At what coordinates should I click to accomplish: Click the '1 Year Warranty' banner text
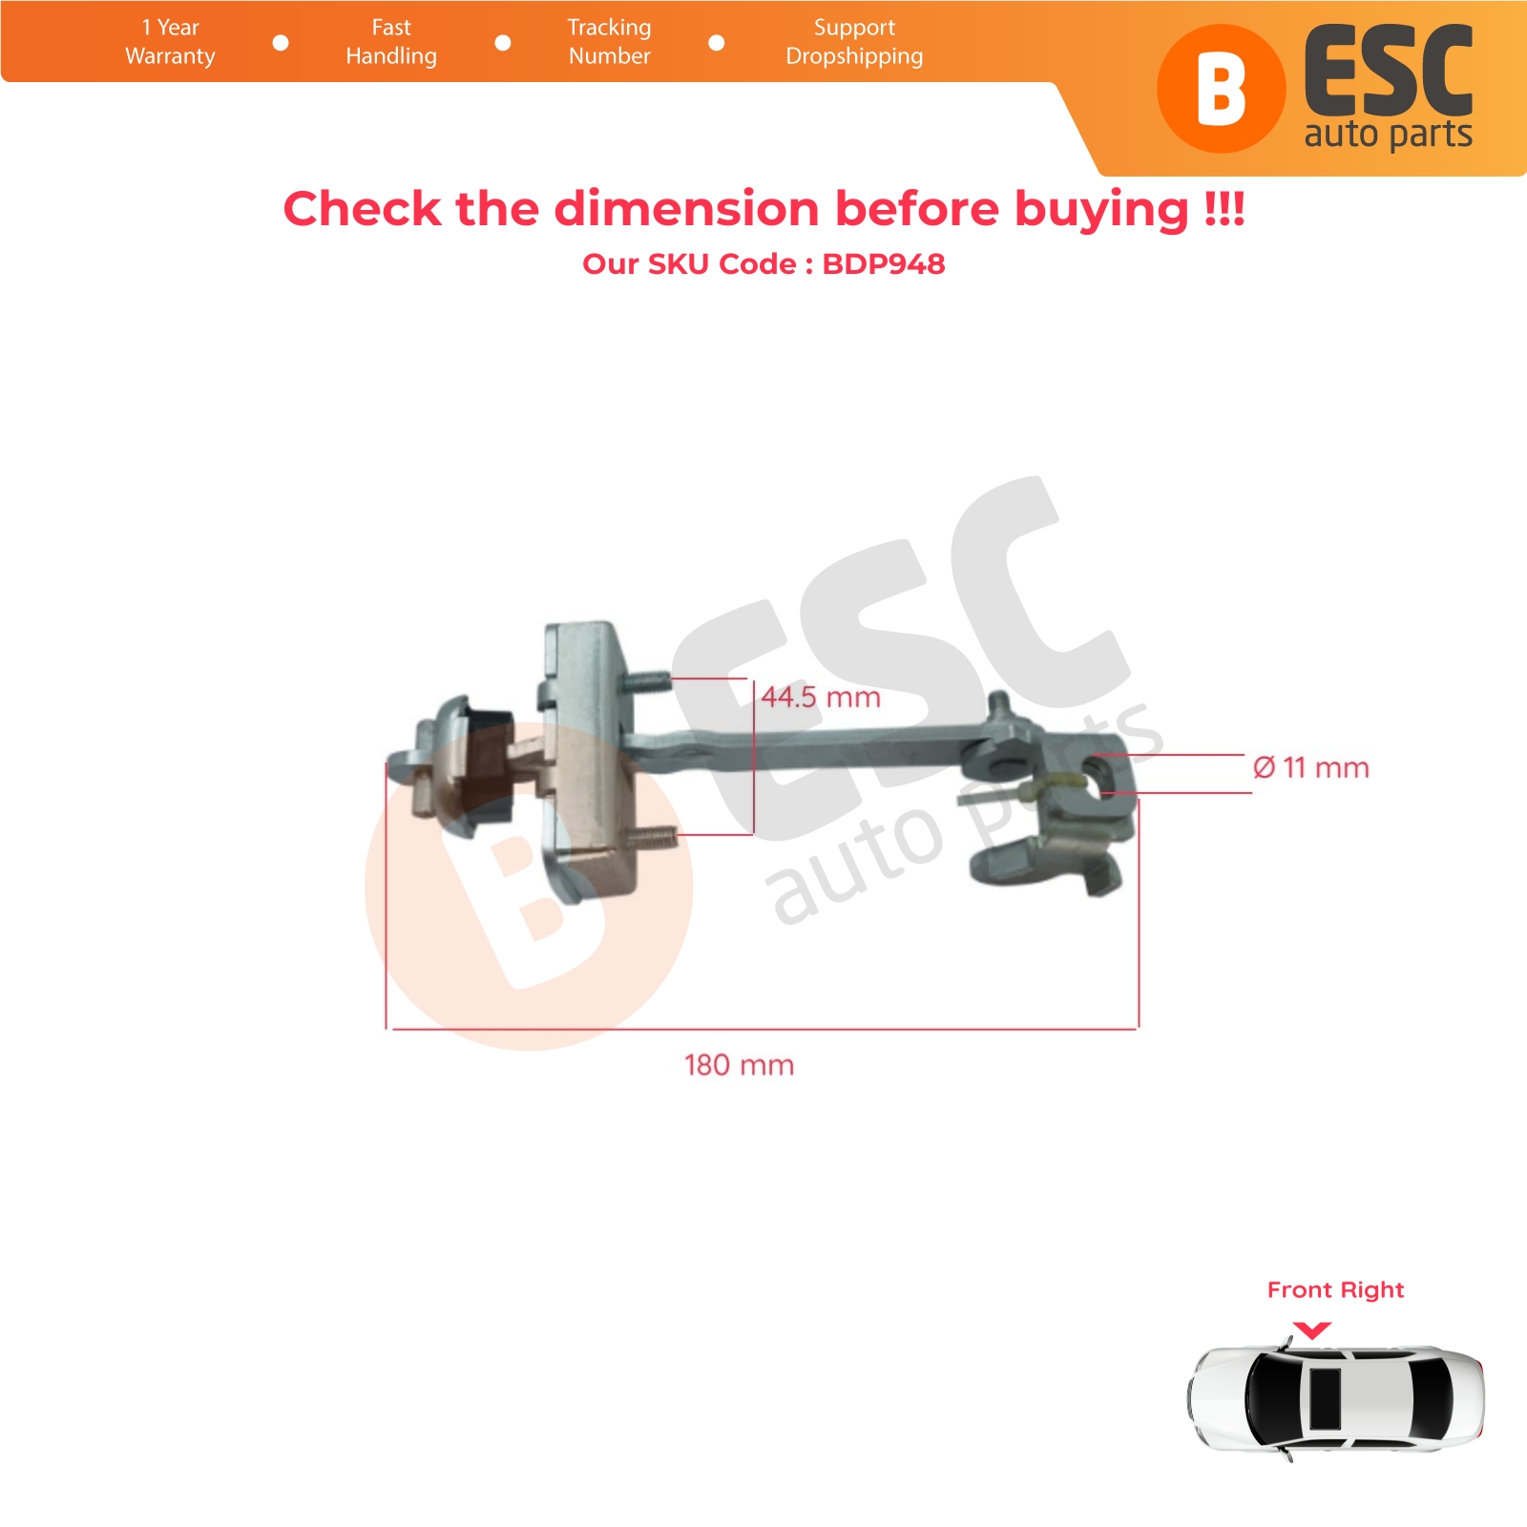pos(170,42)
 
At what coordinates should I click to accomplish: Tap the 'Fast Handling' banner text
pos(391,42)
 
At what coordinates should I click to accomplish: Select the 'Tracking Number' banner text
pos(609,42)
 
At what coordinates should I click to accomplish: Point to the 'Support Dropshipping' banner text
pos(854,42)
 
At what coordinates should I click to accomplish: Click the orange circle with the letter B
pos(1221,89)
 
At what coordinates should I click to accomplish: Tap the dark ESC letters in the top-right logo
pos(1389,72)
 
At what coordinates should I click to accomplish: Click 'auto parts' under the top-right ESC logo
pos(1389,135)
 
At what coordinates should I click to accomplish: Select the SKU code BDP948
pos(884,264)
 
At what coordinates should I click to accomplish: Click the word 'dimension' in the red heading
pos(686,209)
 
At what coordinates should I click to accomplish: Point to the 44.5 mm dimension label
pos(821,698)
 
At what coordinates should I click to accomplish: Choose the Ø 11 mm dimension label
pos(1311,767)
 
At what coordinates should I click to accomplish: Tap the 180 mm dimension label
pos(739,1065)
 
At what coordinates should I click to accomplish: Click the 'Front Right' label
pos(1335,1290)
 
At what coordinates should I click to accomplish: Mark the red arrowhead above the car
pos(1312,1330)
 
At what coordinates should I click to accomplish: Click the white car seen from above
pos(1336,1399)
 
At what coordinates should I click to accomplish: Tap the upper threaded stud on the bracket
pos(647,682)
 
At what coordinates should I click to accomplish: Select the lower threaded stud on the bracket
pos(654,838)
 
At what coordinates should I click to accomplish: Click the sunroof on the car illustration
pos(1325,1399)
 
